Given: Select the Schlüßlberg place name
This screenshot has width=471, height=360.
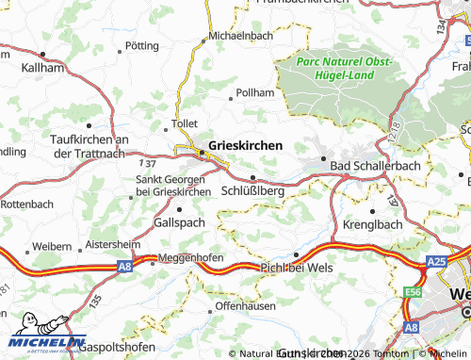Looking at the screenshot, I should [252, 190].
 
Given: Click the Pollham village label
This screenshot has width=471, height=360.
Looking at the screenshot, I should [255, 94].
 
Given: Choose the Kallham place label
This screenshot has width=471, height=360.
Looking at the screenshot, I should [41, 69].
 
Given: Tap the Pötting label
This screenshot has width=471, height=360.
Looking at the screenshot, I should [141, 45].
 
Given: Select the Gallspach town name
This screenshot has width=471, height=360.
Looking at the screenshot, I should [178, 222].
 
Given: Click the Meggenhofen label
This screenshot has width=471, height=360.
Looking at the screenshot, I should [191, 257].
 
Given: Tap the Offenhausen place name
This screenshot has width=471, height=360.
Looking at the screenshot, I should [242, 307].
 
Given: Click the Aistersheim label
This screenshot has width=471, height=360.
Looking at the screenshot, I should [112, 243].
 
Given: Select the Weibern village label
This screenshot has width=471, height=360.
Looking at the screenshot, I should [52, 246].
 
